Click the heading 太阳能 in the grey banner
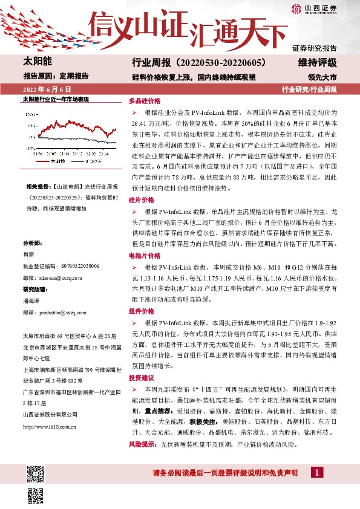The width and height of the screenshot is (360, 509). [38, 62]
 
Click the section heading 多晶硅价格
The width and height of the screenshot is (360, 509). [145, 101]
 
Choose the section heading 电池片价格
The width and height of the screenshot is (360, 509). [145, 256]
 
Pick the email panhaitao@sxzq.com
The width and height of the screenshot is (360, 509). [59, 313]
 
